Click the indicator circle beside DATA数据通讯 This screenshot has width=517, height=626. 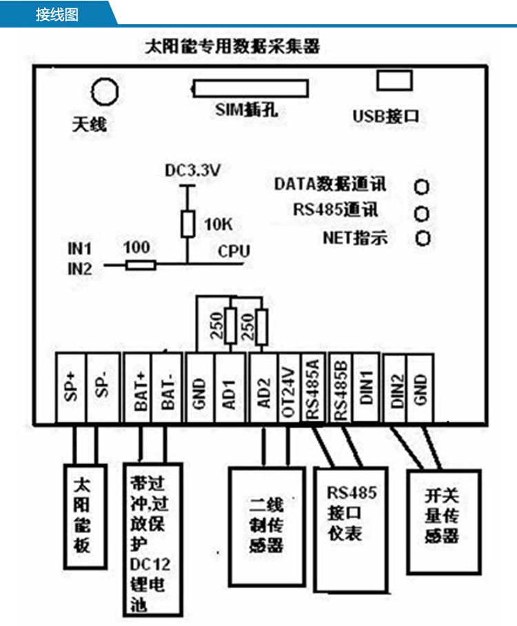point(422,187)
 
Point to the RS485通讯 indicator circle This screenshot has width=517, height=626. point(422,213)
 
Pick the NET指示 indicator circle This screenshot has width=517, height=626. point(422,238)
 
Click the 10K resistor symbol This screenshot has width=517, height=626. point(186,225)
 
